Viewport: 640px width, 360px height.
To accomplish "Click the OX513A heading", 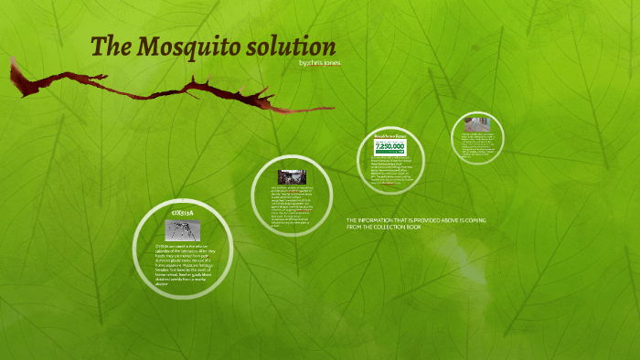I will pyautogui.click(x=183, y=213).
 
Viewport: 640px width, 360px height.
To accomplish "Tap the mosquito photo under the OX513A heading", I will pyautogui.click(x=183, y=228).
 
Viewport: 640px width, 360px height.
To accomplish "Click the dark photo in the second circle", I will pyautogui.click(x=292, y=176).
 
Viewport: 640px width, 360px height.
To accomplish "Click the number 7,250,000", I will pyautogui.click(x=390, y=145).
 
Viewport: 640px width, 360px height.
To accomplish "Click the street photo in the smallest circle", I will pyautogui.click(x=476, y=125).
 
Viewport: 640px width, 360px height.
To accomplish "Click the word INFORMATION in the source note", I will pyautogui.click(x=379, y=221).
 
